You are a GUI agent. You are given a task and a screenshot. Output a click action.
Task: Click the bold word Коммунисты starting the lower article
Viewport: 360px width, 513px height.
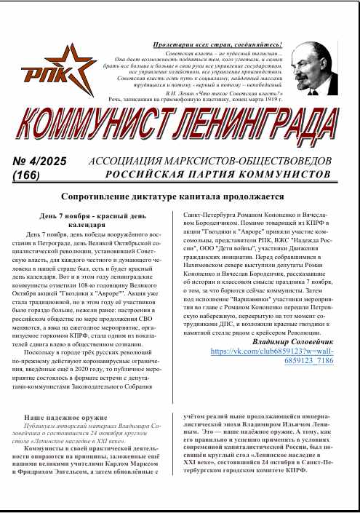tap(50, 450)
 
